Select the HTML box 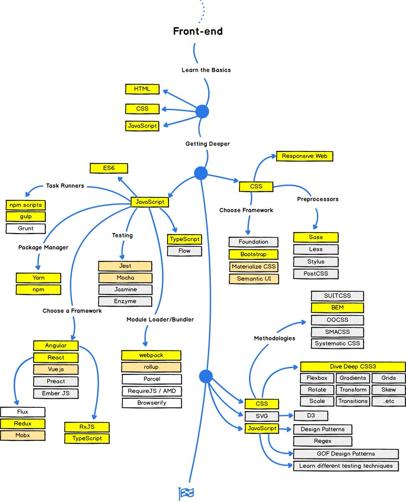pyautogui.click(x=142, y=89)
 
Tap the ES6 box pyautogui.click(x=109, y=169)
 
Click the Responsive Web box pyautogui.click(x=304, y=156)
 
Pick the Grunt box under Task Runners pyautogui.click(x=25, y=228)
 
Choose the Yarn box pyautogui.click(x=38, y=277)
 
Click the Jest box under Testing pyautogui.click(x=125, y=266)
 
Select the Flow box pyautogui.click(x=184, y=251)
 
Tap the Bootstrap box pyautogui.click(x=253, y=254)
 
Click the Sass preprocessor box pyautogui.click(x=316, y=237)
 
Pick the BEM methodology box pyautogui.click(x=337, y=308)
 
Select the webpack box pyautogui.click(x=151, y=355)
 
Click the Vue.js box pyautogui.click(x=56, y=369)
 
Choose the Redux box pyautogui.click(x=23, y=424)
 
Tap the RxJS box pyautogui.click(x=87, y=427)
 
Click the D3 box pyautogui.click(x=311, y=416)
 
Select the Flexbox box pyautogui.click(x=317, y=378)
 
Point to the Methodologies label pyautogui.click(x=274, y=338)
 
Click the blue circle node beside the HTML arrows pyautogui.click(x=202, y=112)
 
